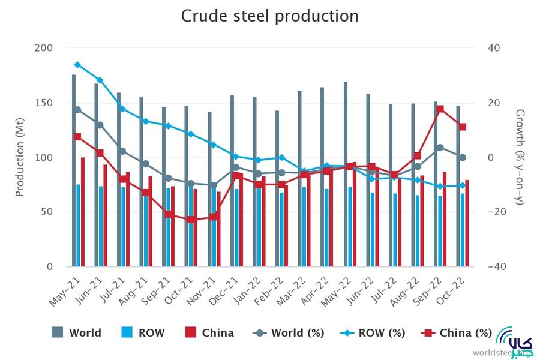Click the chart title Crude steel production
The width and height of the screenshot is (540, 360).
270,16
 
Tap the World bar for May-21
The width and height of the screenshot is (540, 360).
74,168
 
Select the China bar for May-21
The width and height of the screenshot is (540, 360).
83,210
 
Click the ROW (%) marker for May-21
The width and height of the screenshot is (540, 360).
77,65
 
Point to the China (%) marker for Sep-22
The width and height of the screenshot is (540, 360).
440,109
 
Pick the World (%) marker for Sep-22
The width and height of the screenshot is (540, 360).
440,147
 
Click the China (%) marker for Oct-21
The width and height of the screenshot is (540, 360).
190,220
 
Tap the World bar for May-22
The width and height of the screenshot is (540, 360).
346,174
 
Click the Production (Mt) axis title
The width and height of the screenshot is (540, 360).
20,157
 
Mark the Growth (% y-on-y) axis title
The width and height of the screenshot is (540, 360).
520,157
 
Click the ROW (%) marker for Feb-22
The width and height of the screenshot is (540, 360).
280,158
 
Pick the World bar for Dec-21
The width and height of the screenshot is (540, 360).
232,180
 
